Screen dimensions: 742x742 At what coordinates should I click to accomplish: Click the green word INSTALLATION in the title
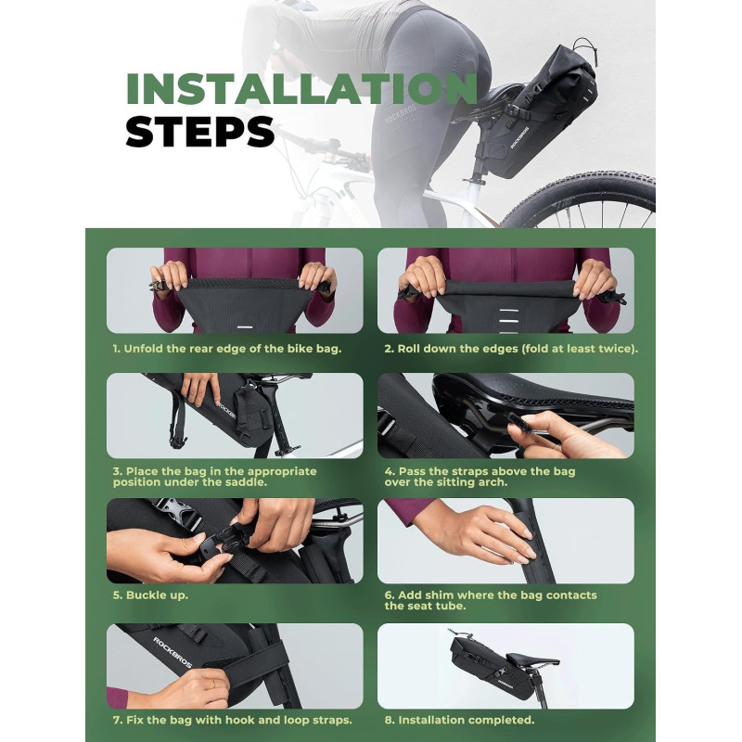click(302, 88)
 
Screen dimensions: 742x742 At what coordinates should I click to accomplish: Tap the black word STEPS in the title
click(199, 131)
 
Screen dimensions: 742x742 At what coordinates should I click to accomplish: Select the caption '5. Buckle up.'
click(150, 595)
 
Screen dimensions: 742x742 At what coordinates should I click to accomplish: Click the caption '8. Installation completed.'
click(459, 720)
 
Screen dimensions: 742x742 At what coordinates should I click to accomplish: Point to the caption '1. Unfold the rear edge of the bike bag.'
click(227, 349)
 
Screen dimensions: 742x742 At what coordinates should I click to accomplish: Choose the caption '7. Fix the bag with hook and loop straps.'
click(233, 721)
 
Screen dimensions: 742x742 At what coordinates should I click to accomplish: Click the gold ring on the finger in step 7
click(213, 684)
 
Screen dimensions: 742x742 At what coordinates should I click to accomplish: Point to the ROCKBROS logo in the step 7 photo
click(173, 652)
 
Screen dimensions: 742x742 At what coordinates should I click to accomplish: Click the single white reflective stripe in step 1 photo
click(244, 327)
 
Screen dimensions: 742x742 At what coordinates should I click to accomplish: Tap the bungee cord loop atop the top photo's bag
click(585, 52)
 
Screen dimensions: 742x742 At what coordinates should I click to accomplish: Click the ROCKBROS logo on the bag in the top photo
click(519, 137)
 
